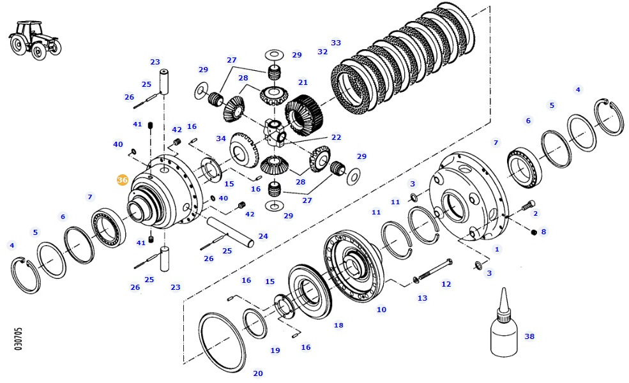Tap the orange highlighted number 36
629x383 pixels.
pos(123,181)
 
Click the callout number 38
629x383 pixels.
pos(529,336)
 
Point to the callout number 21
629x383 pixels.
pos(303,82)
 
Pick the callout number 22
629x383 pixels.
pos(336,137)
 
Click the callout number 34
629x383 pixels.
pos(221,139)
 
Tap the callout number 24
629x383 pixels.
pos(263,236)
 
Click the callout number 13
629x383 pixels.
pos(422,298)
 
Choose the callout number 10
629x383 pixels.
pos(381,310)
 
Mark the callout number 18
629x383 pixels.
pos(338,325)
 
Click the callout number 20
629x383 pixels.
pos(258,373)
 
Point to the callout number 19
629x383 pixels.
pos(275,350)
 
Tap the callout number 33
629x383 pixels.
pos(336,43)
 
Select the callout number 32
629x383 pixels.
pos(322,52)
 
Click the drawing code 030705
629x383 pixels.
pos(19,339)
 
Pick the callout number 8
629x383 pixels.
pos(543,232)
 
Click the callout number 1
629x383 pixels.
pos(497,249)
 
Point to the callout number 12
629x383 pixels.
pos(446,284)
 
